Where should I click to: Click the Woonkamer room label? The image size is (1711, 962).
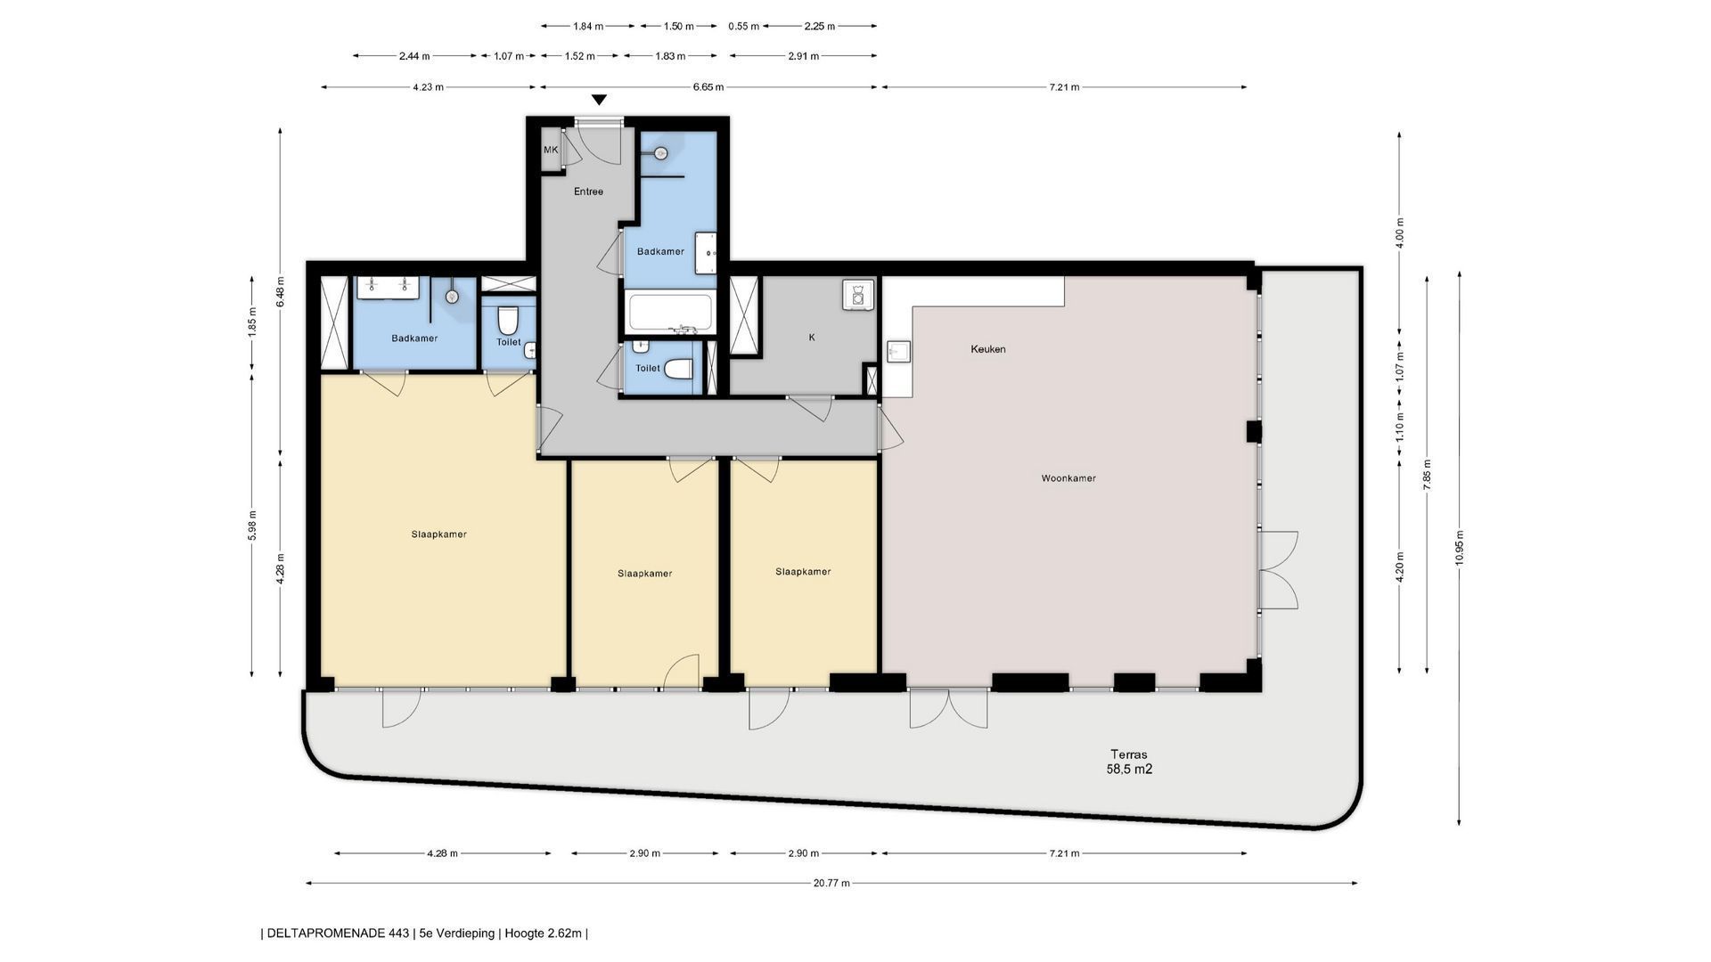click(x=1068, y=478)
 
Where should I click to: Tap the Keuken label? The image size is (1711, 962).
click(x=988, y=349)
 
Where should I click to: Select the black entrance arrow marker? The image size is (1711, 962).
click(x=600, y=100)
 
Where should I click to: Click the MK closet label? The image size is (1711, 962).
click(x=551, y=150)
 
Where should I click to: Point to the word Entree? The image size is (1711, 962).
click(x=588, y=192)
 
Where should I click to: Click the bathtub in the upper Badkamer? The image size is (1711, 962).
click(x=670, y=314)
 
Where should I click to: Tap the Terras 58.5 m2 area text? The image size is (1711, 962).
click(x=1129, y=762)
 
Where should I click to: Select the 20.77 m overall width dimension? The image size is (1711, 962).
click(x=831, y=883)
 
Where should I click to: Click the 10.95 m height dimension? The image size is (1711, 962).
click(x=1459, y=548)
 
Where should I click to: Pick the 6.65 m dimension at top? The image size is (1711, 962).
click(x=709, y=87)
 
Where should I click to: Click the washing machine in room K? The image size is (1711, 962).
click(x=856, y=295)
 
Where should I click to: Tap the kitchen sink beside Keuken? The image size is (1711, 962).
click(x=897, y=353)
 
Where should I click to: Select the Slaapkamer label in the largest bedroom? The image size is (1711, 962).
click(x=439, y=534)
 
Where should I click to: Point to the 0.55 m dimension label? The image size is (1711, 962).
click(x=743, y=26)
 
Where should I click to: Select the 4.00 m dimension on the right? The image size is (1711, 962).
click(x=1399, y=233)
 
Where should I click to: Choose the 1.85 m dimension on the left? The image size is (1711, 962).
click(x=252, y=321)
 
